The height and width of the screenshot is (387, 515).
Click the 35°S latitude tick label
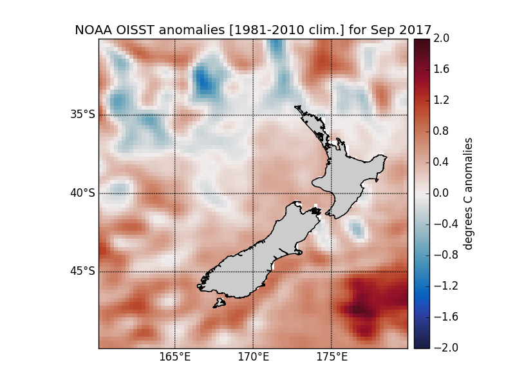point(82,115)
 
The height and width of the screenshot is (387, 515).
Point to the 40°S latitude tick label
point(82,193)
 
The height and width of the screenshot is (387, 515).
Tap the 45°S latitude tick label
point(82,271)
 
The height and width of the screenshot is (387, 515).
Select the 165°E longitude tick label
point(175,357)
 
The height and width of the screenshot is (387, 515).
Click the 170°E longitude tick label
point(253,357)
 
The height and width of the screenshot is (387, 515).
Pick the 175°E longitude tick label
point(331,357)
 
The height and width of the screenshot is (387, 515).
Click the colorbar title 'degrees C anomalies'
point(469,193)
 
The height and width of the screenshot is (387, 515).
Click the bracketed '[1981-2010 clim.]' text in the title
point(278,30)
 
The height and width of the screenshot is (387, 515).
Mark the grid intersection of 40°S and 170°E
point(253,193)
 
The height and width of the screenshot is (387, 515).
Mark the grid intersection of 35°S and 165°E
point(175,115)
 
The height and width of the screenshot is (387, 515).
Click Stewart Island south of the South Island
point(220,303)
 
